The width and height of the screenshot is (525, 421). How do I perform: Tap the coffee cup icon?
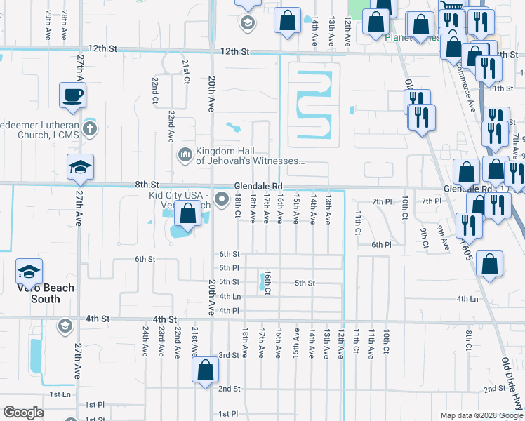click(73, 95)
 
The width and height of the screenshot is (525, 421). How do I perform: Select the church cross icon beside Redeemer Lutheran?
click(89, 128)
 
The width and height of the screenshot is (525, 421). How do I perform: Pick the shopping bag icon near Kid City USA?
click(187, 214)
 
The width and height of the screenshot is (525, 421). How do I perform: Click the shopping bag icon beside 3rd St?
click(204, 371)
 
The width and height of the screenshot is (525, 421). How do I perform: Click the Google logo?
click(24, 413)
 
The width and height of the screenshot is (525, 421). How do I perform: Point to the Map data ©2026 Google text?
click(481, 415)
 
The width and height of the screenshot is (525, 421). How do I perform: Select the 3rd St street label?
click(229, 356)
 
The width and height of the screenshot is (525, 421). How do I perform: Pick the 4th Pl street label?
click(230, 311)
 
